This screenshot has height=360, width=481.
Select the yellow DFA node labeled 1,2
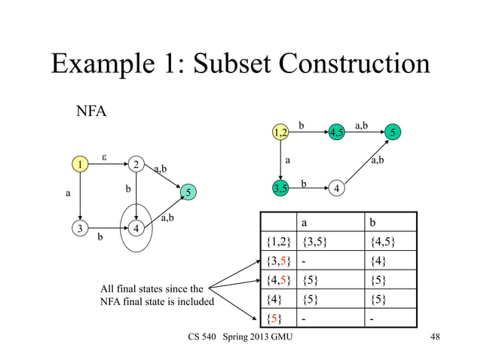(280, 133)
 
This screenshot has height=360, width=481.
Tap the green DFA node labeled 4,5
(337, 133)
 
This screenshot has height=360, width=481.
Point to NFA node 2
(136, 164)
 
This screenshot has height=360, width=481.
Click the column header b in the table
(372, 223)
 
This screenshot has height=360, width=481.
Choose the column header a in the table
(305, 223)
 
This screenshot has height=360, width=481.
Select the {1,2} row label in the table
(277, 243)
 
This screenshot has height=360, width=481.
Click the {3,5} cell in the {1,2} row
(315, 243)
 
